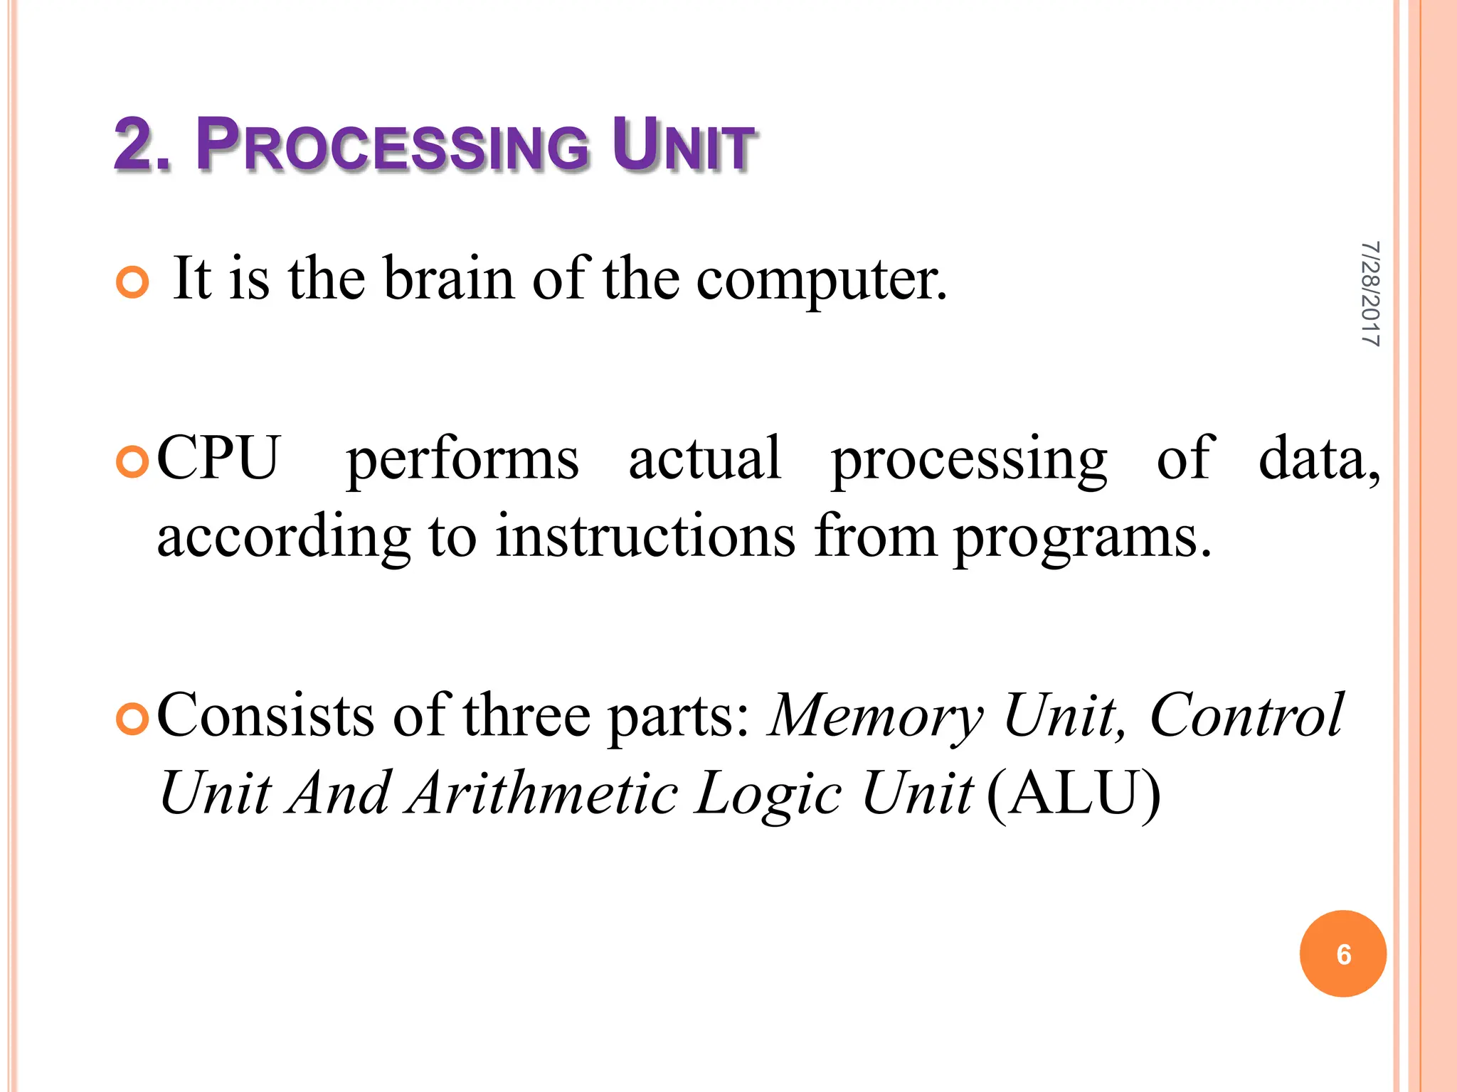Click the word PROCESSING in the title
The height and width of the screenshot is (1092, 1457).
(393, 146)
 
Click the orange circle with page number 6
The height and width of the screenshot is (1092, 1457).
(1342, 954)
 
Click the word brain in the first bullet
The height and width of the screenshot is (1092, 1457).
(449, 279)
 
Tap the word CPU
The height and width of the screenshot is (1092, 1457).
(218, 459)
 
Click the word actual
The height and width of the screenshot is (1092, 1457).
(705, 459)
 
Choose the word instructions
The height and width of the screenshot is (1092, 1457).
(645, 537)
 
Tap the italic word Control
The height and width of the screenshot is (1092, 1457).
(1246, 716)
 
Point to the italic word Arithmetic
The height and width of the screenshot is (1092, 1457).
(544, 793)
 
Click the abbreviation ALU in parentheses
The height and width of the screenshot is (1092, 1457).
(1074, 793)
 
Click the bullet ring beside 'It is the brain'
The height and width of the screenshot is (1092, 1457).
(132, 283)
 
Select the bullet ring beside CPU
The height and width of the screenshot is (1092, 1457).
(132, 463)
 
